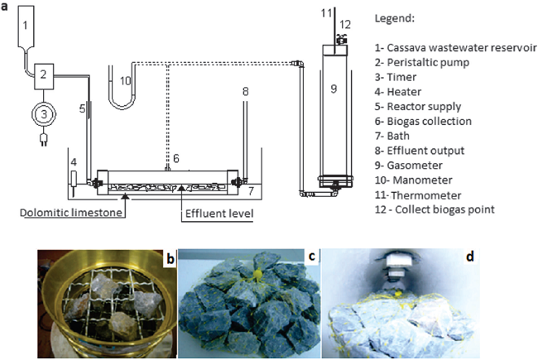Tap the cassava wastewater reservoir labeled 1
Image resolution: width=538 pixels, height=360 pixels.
(x=25, y=27)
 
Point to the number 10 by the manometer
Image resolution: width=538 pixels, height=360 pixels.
(x=126, y=81)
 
